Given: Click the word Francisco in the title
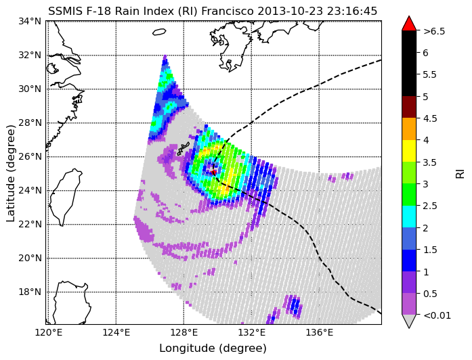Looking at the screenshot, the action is coord(228,11).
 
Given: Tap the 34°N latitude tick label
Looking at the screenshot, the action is coord(30,22).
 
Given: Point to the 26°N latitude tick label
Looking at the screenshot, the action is coord(30,157).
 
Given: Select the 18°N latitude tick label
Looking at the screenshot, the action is coord(30,292).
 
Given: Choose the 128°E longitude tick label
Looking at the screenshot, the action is coord(184,333).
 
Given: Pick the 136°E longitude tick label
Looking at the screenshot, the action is coord(320,333).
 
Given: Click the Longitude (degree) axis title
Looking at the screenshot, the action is coord(213,348).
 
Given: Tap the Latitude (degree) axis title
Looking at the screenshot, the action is coord(10,173).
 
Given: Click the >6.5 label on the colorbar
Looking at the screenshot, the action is coord(434,31).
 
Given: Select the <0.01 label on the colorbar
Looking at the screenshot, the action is coord(437,315).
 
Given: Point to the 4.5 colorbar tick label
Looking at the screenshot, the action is coord(430,118).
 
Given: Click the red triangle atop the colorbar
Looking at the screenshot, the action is coord(409,24).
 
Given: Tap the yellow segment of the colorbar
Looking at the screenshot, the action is coord(409,151).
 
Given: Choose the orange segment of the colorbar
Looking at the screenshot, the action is coord(409,129).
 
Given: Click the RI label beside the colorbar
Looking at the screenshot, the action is coord(460,173).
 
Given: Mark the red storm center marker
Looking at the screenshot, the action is coord(214,173).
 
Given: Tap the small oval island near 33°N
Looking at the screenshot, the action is coord(159,32).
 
